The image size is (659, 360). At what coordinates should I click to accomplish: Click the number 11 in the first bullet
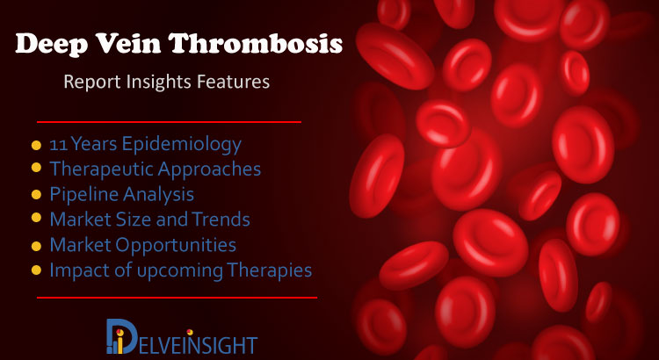click(58, 145)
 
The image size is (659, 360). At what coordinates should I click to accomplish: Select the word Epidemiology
click(181, 145)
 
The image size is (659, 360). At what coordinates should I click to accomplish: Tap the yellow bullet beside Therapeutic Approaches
click(36, 168)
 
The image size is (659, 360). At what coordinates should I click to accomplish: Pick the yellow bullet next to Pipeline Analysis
click(36, 195)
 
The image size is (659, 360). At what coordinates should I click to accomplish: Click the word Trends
click(221, 220)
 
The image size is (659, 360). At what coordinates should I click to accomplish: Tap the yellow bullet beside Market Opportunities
click(36, 246)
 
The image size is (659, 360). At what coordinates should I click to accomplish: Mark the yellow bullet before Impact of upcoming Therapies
click(36, 270)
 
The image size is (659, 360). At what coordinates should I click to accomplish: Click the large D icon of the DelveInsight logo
click(122, 336)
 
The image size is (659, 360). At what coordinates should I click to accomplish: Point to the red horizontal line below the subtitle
click(169, 122)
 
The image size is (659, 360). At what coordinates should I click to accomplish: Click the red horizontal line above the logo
click(177, 298)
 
